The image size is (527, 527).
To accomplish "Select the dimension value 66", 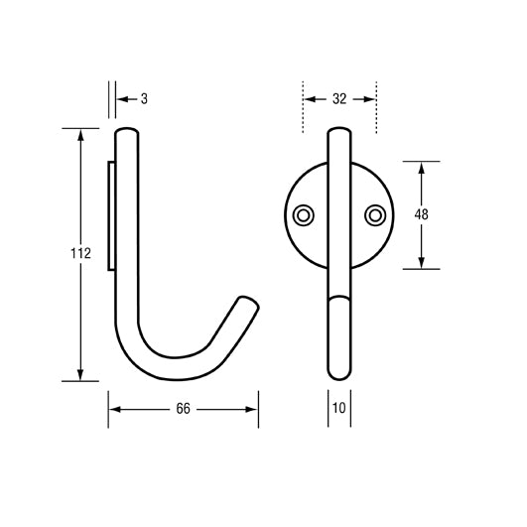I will click(x=183, y=409).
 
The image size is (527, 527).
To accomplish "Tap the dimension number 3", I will click(x=144, y=98).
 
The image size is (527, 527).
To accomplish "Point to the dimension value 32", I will click(x=339, y=98).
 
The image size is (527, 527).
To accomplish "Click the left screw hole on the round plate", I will click(x=304, y=214).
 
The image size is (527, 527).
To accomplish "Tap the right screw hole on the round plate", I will click(x=374, y=214).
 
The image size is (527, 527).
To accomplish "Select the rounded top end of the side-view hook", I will click(x=130, y=132).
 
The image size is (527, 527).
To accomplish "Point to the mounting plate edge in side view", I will click(x=111, y=213).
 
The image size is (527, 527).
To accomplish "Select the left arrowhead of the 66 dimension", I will click(x=114, y=409).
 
